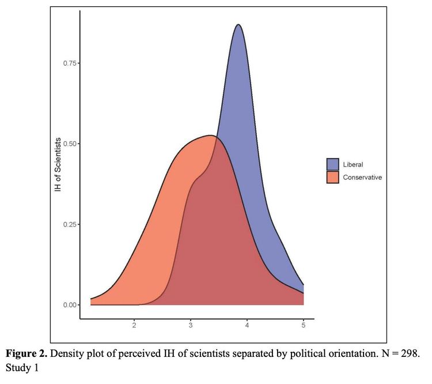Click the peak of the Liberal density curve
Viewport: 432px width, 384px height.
[x=238, y=25]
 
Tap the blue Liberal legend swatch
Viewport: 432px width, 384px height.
[x=332, y=164]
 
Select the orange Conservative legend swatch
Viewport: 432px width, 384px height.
[x=332, y=177]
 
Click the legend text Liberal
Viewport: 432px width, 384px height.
[x=353, y=164]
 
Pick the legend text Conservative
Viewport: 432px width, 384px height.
[x=362, y=177]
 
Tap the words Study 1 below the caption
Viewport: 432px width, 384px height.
[x=22, y=368]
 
